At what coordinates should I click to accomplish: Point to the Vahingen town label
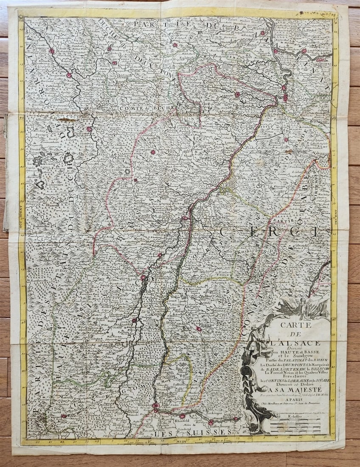click(x=321, y=156)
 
